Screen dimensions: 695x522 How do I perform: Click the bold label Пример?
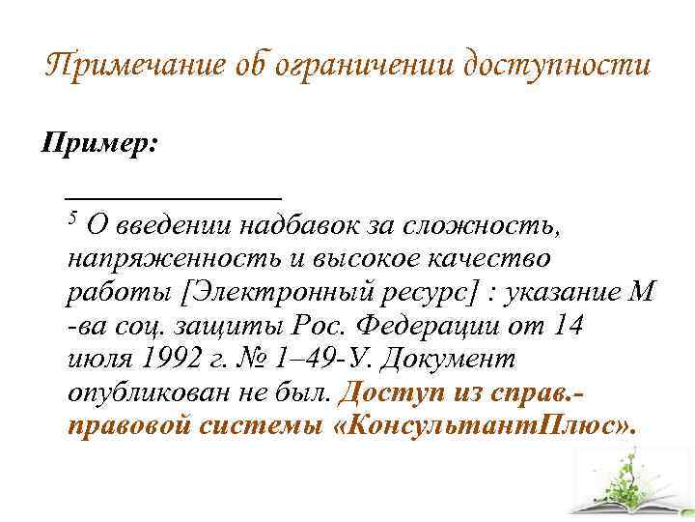point(98,144)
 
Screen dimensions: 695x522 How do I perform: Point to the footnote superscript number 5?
point(72,217)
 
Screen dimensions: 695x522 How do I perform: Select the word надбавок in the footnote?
point(299,225)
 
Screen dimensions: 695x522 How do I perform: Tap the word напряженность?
point(175,258)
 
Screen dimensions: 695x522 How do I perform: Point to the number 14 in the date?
point(568,326)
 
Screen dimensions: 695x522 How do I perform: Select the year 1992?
point(170,359)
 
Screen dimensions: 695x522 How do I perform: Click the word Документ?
point(448,359)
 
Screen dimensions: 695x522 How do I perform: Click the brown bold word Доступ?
point(391,392)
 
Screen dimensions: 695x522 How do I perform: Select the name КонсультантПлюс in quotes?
point(481,426)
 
